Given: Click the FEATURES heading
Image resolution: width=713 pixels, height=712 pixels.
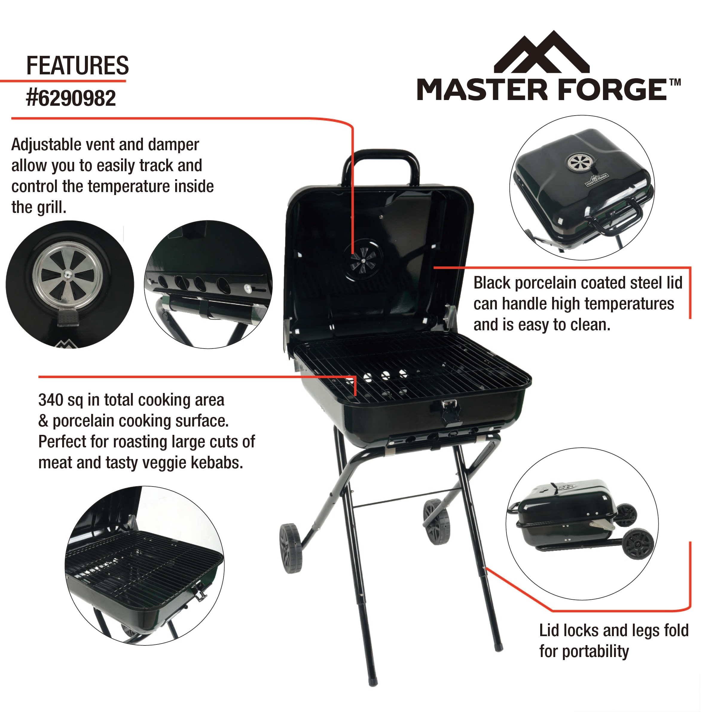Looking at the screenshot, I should coord(77,66).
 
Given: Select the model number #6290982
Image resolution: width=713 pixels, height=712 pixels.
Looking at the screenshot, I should coord(71,99).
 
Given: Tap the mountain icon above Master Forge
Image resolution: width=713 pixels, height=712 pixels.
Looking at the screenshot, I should coord(541,53).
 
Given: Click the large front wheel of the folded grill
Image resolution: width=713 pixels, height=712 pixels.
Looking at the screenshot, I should coord(638,544).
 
